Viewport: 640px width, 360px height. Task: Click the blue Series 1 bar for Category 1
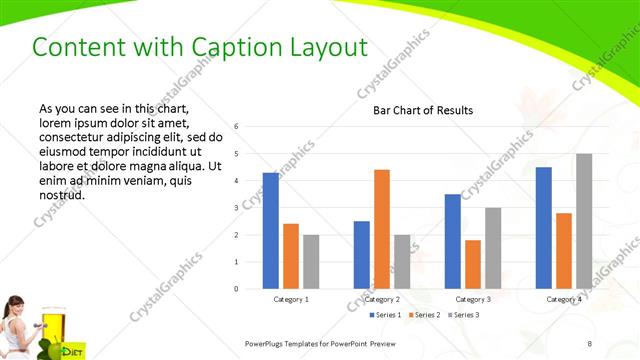[271, 231]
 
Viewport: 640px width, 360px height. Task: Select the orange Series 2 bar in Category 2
[382, 229]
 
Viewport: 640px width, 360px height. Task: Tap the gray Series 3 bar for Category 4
[584, 221]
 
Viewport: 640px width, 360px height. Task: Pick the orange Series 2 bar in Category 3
[473, 264]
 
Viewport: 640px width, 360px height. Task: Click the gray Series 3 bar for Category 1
[311, 262]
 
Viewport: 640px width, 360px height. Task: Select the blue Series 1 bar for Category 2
[362, 255]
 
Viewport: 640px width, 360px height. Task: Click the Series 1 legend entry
[386, 315]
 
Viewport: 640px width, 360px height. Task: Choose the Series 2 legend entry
[424, 315]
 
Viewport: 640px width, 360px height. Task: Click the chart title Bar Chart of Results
[423, 110]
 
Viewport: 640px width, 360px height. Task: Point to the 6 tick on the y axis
[236, 127]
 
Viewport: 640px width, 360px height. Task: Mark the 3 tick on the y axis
[236, 208]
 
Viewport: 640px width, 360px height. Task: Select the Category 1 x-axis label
[291, 299]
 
